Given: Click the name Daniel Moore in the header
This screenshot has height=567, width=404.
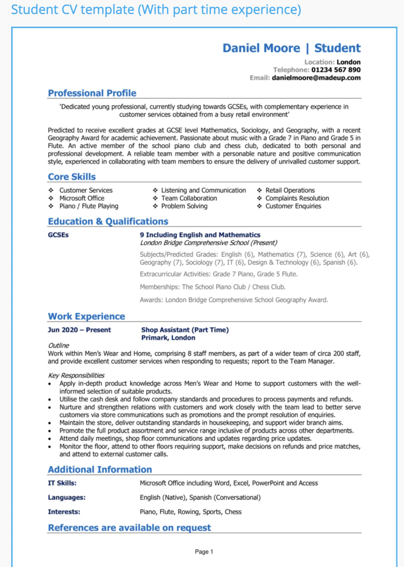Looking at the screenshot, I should pos(261,48).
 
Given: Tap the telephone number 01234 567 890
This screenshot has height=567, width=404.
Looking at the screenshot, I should pos(336,70).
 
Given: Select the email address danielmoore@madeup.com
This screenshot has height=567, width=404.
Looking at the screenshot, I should pos(316,78).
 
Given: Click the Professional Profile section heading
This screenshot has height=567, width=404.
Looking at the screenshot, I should pos(92,93).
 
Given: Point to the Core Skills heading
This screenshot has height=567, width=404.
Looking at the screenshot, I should pos(72,177).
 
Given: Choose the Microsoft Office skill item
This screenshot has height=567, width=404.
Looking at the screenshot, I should pos(81,198).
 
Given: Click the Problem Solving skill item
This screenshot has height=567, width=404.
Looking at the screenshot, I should pos(184,206).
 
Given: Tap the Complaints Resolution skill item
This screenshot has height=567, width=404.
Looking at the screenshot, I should pos(297,198).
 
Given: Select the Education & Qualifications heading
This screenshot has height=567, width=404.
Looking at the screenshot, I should pos(108,221).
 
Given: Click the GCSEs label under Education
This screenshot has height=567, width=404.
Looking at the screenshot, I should pos(58,235).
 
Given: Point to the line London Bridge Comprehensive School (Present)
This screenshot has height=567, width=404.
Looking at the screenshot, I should pos(209,243).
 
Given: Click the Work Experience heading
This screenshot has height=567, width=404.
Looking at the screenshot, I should pos(87,316).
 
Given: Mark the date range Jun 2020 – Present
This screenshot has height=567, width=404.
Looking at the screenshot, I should pos(79,330).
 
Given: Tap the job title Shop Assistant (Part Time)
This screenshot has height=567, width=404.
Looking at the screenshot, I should pos(185,330).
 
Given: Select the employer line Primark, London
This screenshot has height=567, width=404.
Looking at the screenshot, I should pos(168,338).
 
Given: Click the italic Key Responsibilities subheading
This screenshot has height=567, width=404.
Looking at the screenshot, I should pos(76,375).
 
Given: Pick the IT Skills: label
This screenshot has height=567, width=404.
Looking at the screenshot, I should pos(62,483).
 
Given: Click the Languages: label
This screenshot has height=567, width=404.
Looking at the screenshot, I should pos(66,497).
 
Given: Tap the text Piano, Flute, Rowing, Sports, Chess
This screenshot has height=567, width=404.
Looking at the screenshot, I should pos(190,512).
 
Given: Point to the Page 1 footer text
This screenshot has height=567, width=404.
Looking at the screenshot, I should pos(204,552).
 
